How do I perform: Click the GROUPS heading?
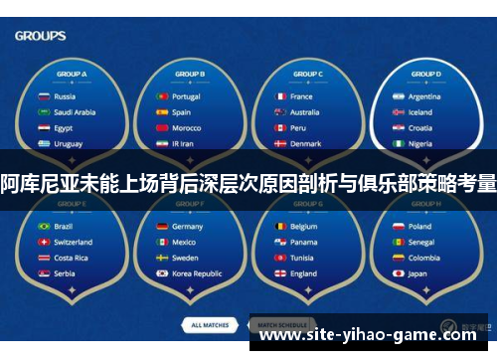coord(41,36)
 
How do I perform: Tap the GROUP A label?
coord(71,75)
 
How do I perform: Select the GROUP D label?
coord(425,75)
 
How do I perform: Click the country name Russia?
coord(65,96)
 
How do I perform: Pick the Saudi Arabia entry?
coord(76,112)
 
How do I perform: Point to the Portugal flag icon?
coord(161,96)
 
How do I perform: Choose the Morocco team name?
coord(186,128)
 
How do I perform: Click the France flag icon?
coord(280,96)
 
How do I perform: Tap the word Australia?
coord(304,112)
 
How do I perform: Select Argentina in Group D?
coord(424,96)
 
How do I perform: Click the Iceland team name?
coord(420,112)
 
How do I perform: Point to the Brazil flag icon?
coord(43,226)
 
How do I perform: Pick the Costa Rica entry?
coord(71,258)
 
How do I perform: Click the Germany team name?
coord(188,226)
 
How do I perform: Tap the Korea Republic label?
coord(197,273)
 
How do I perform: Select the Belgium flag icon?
coord(280,226)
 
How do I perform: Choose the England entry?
coord(304,273)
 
